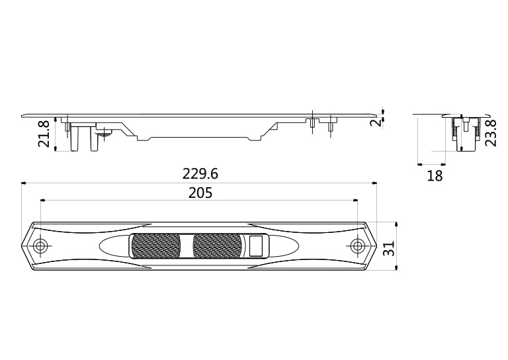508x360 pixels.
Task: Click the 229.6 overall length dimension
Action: (200, 174)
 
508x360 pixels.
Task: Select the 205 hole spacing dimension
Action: (200, 193)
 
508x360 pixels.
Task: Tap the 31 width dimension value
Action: (389, 249)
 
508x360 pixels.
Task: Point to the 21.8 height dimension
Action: (44, 134)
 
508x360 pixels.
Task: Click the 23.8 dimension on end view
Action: (490, 133)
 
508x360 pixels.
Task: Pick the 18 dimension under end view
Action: (435, 176)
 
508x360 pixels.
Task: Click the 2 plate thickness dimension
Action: (376, 123)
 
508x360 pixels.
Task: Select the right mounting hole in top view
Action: (357, 246)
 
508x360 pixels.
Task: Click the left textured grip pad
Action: (155, 246)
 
